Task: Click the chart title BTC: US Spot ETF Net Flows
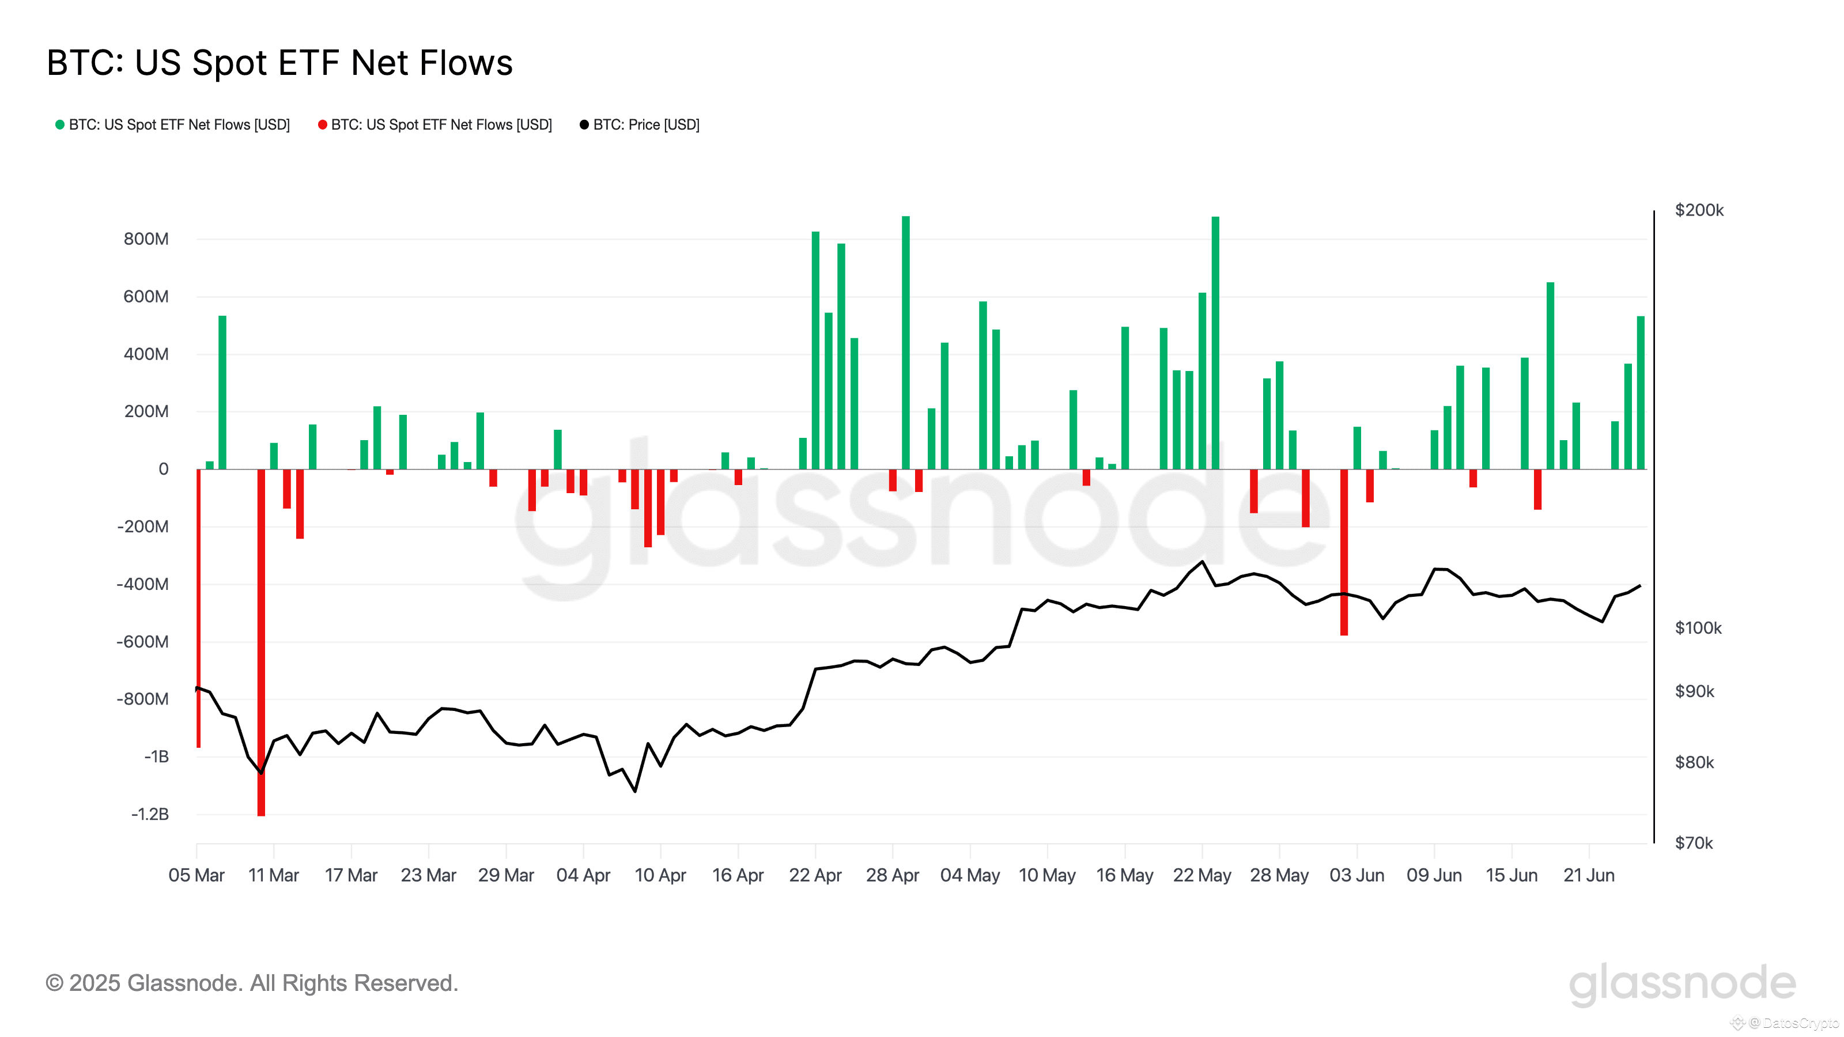[x=279, y=63]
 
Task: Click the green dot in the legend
[x=60, y=124]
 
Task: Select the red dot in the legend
[x=322, y=124]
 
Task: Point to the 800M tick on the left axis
[x=146, y=239]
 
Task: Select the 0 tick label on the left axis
[x=163, y=470]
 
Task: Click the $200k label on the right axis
[x=1699, y=210]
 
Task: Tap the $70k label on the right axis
[x=1694, y=843]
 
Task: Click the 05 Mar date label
[x=196, y=875]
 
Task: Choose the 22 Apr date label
[x=815, y=875]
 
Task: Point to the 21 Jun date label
[x=1589, y=875]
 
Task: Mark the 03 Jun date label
[x=1356, y=875]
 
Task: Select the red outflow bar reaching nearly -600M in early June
[x=1344, y=552]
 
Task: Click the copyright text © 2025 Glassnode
[x=251, y=983]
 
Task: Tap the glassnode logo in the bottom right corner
[x=1682, y=984]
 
